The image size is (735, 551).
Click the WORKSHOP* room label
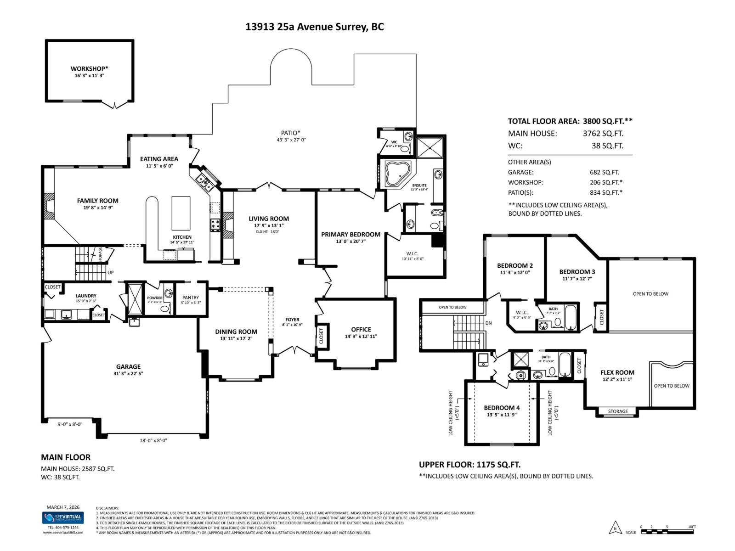[89, 68]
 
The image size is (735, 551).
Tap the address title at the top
[315, 27]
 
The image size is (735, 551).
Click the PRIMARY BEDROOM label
[351, 234]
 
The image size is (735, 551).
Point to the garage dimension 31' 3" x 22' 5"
[128, 374]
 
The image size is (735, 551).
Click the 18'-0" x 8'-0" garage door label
[153, 440]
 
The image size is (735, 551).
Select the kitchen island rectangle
[181, 213]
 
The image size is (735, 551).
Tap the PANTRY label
[191, 298]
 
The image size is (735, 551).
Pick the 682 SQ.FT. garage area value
[604, 172]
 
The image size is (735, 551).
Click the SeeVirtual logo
[63, 518]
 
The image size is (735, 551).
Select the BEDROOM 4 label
[502, 408]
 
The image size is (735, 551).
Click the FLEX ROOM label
[617, 372]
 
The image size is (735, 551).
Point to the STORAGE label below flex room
[617, 411]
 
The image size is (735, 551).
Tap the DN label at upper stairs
[488, 323]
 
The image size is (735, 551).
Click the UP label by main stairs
[110, 273]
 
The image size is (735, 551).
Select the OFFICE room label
[361, 329]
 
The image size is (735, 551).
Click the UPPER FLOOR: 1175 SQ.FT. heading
[469, 465]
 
